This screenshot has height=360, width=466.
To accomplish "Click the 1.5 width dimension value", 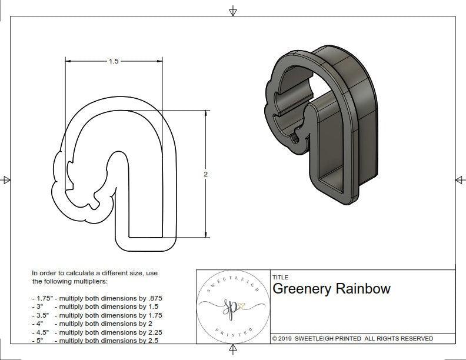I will pyautogui.click(x=114, y=61).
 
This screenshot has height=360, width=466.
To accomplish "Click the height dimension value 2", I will pyautogui.click(x=205, y=175).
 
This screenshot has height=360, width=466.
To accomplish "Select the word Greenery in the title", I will pyautogui.click(x=301, y=289).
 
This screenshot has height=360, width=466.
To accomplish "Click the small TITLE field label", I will pyautogui.click(x=280, y=278).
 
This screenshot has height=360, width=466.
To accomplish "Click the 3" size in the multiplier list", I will pyautogui.click(x=41, y=306).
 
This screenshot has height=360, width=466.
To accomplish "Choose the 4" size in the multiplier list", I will pyautogui.click(x=41, y=324).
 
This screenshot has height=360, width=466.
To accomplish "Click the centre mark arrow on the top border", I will pyautogui.click(x=233, y=11).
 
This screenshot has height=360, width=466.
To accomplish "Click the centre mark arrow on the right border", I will pyautogui.click(x=460, y=179).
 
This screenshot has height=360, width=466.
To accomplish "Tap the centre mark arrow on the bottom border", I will pyautogui.click(x=233, y=351).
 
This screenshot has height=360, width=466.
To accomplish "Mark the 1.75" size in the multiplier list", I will pyautogui.click(x=42, y=298).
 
